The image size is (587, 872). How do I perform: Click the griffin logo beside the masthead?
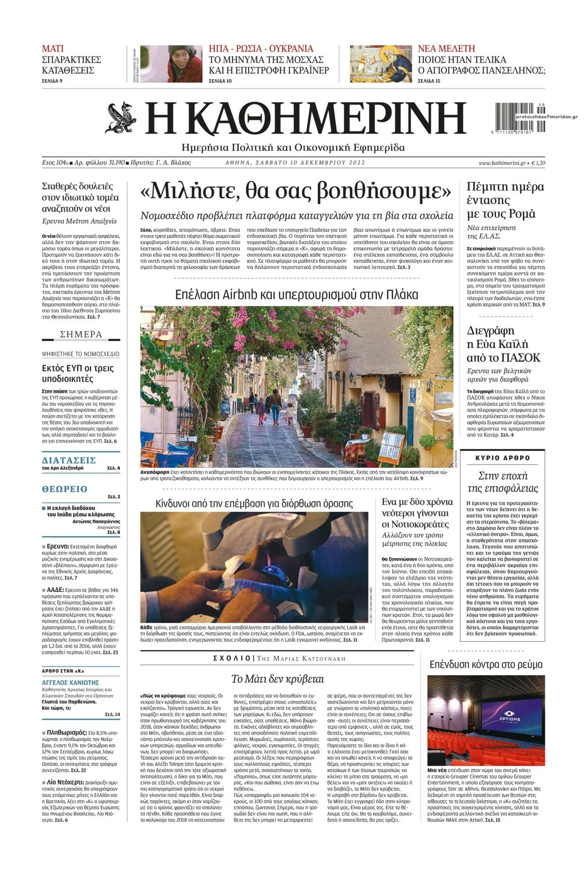[x=120, y=118]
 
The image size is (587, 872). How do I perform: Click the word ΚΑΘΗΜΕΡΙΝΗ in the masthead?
[x=306, y=118]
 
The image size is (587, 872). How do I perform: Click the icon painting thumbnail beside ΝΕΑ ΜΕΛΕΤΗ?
[x=381, y=64]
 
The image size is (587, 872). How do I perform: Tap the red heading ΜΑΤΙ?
[x=53, y=48]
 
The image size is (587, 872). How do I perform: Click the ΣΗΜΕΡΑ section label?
[x=81, y=335]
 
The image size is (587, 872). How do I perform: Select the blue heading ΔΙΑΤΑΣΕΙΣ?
[x=69, y=460]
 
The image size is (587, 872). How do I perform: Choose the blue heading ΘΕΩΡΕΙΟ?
[x=65, y=489]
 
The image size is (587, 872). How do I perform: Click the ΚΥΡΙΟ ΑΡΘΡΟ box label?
[x=502, y=458]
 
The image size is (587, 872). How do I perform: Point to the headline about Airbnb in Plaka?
[x=296, y=295]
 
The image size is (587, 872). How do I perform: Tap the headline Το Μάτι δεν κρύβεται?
[x=277, y=679]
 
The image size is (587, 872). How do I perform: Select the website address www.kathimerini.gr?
[x=502, y=163]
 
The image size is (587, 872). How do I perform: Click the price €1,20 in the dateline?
[x=538, y=163]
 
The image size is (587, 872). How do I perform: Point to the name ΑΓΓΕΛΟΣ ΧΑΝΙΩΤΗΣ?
[x=71, y=682]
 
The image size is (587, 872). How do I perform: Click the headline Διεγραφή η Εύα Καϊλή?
[x=503, y=344]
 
